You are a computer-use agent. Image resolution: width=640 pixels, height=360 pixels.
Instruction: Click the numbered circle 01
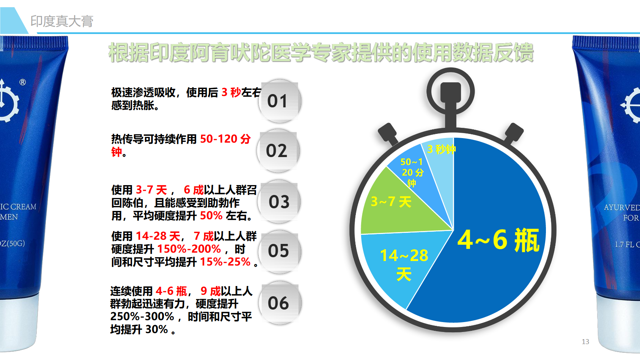point(280,101)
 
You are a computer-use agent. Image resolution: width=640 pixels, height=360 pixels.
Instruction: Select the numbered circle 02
point(278,151)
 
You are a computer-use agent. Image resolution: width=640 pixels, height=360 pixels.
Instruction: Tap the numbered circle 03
point(279,201)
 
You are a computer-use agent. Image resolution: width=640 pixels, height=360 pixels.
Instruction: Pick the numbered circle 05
point(280,252)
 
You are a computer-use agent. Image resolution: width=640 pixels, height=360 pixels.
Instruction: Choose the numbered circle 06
point(280,303)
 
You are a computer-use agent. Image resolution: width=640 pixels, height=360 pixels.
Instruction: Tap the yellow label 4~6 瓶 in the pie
point(498,240)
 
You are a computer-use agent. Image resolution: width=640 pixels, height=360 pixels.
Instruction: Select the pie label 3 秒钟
point(442,149)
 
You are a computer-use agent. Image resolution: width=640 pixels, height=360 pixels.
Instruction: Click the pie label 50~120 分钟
point(412,172)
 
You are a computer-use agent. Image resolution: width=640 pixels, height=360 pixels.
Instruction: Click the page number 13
point(585,342)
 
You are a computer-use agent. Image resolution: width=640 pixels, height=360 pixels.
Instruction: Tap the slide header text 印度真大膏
point(62,21)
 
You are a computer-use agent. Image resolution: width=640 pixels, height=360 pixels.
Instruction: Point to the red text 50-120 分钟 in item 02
point(181,145)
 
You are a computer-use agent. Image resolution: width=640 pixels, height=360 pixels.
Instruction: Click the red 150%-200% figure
point(189,249)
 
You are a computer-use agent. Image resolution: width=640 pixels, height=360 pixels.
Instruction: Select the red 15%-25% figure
point(225,262)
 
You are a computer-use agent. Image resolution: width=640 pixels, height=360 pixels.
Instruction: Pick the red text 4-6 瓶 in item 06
point(171,291)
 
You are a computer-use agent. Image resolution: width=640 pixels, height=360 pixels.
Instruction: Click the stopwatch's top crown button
point(451,92)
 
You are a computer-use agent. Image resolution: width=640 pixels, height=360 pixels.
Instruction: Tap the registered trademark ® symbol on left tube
point(22,82)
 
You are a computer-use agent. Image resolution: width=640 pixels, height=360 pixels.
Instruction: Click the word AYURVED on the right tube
point(622,207)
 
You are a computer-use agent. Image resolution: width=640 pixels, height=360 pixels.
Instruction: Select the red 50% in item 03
point(211,215)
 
